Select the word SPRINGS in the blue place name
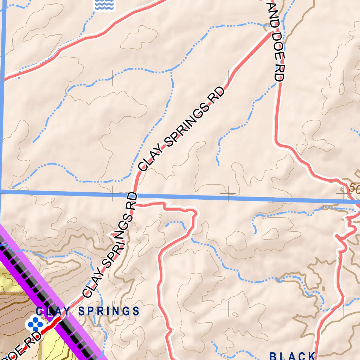pos(109,311)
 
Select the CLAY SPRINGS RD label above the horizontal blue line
pos(181,129)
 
